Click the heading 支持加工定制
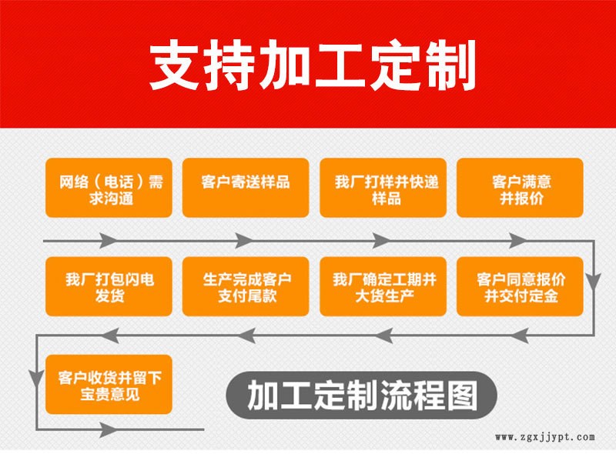(x=313, y=65)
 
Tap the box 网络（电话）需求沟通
(x=109, y=188)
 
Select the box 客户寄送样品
(x=246, y=188)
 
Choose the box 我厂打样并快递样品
(x=383, y=188)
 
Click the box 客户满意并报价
(x=520, y=188)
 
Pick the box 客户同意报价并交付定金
(x=520, y=286)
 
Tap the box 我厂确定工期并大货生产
(x=383, y=286)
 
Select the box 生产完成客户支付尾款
(x=246, y=286)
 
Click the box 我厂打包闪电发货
(x=109, y=286)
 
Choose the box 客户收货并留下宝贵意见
(x=109, y=385)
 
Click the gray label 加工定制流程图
(x=362, y=395)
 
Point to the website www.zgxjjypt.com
(x=545, y=438)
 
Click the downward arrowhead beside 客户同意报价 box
(x=593, y=281)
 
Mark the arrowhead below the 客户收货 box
(x=109, y=429)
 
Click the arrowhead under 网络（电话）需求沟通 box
(x=109, y=240)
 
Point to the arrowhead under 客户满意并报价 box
(x=518, y=240)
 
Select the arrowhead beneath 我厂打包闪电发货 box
(x=110, y=335)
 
